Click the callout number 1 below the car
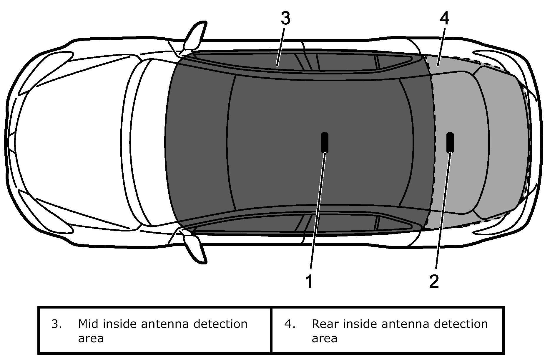tap(309, 281)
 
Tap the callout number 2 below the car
tap(434, 281)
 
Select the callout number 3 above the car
tap(285, 18)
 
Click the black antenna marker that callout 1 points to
tap(325, 143)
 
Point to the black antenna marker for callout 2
tap(450, 143)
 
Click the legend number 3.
tap(56, 324)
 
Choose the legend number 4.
tap(290, 324)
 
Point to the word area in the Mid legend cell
tap(91, 338)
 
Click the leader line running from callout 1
tap(317, 212)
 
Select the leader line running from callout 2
tap(442, 212)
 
